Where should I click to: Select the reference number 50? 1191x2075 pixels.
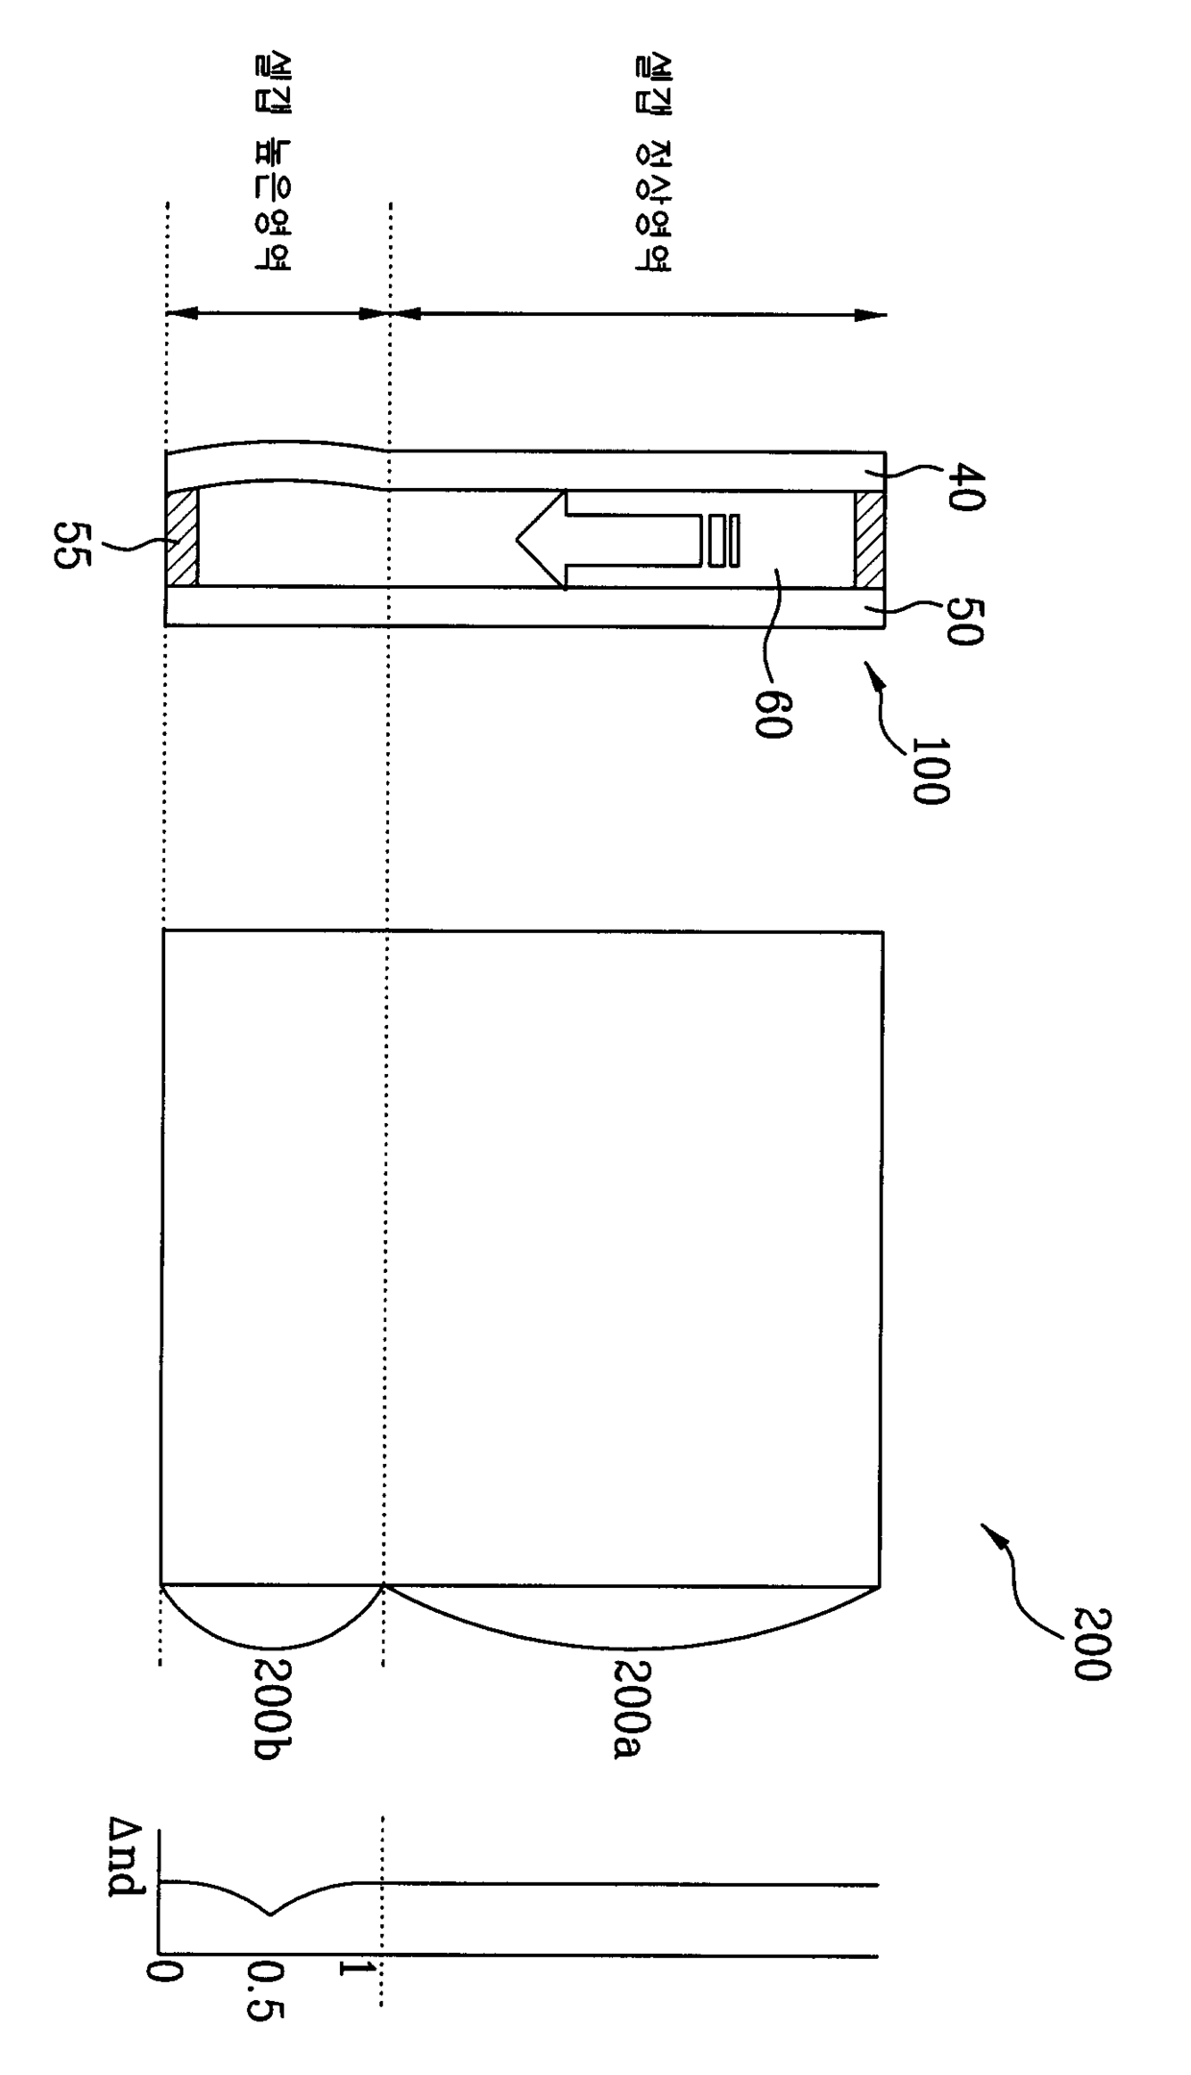[965, 621]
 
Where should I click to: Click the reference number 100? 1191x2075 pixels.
[929, 770]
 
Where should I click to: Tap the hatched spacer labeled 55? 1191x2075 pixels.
[182, 538]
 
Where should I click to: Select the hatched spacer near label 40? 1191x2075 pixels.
[868, 538]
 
